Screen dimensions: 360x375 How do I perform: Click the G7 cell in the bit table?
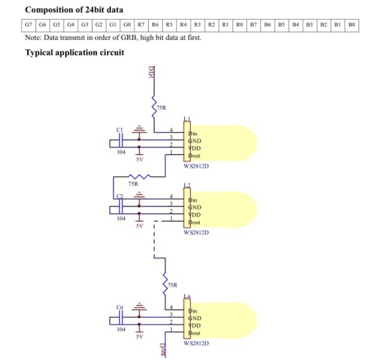tap(28, 25)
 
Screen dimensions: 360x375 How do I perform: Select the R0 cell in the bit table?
tap(239, 25)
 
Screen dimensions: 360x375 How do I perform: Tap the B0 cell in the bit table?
tap(352, 25)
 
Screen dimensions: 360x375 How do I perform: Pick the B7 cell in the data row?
tap(253, 25)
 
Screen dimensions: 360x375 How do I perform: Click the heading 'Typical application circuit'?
tap(75, 53)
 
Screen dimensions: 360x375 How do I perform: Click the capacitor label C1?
tap(120, 130)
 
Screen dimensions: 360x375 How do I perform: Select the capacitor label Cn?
tap(120, 307)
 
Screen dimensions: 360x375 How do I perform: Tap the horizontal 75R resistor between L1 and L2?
tap(140, 177)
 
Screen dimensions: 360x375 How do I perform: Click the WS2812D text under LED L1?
tap(196, 166)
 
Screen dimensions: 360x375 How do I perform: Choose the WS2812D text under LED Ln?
tap(196, 343)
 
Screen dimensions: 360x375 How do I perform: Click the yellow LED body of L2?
tap(227, 210)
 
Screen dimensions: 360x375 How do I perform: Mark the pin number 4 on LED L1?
tap(172, 130)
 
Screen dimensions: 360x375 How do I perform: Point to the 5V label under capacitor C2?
tap(139, 226)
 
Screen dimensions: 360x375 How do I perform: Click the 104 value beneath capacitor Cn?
tap(121, 329)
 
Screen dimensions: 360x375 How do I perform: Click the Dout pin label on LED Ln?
tap(194, 333)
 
